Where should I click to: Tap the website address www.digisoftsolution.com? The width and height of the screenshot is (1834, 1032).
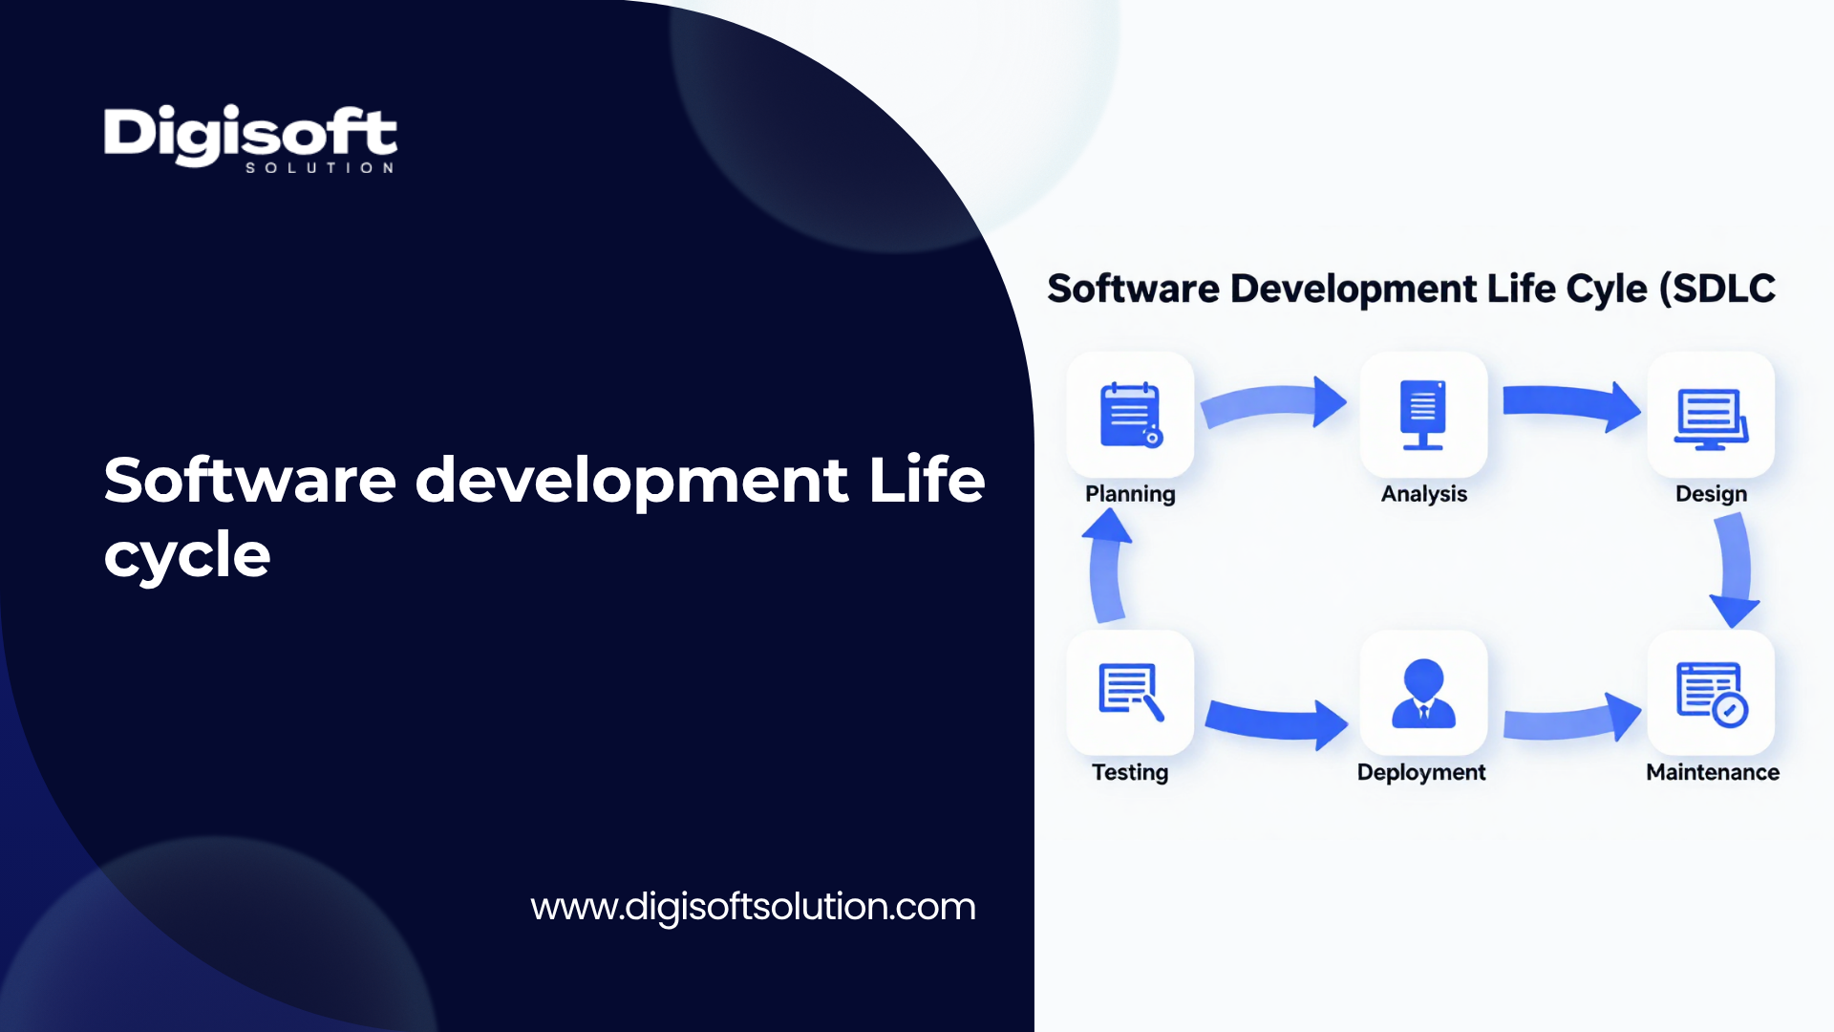tap(754, 907)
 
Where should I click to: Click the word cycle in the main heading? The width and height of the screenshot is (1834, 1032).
tap(187, 555)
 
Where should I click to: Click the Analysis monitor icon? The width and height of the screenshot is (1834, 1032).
tap(1423, 415)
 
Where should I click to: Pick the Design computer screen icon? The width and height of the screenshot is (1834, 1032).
tap(1711, 419)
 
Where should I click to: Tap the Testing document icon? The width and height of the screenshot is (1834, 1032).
tap(1131, 691)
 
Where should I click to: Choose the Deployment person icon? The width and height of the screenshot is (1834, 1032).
tap(1423, 693)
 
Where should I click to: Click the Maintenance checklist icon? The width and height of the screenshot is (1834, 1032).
tap(1712, 694)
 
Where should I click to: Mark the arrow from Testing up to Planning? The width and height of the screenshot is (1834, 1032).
tap(1107, 566)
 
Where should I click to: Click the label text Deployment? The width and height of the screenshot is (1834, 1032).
tap(1421, 772)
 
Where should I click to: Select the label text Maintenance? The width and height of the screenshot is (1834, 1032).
tap(1713, 772)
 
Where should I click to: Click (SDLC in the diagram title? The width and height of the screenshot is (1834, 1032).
tap(1717, 289)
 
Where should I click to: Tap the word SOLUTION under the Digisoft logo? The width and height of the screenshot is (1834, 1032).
tap(320, 168)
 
